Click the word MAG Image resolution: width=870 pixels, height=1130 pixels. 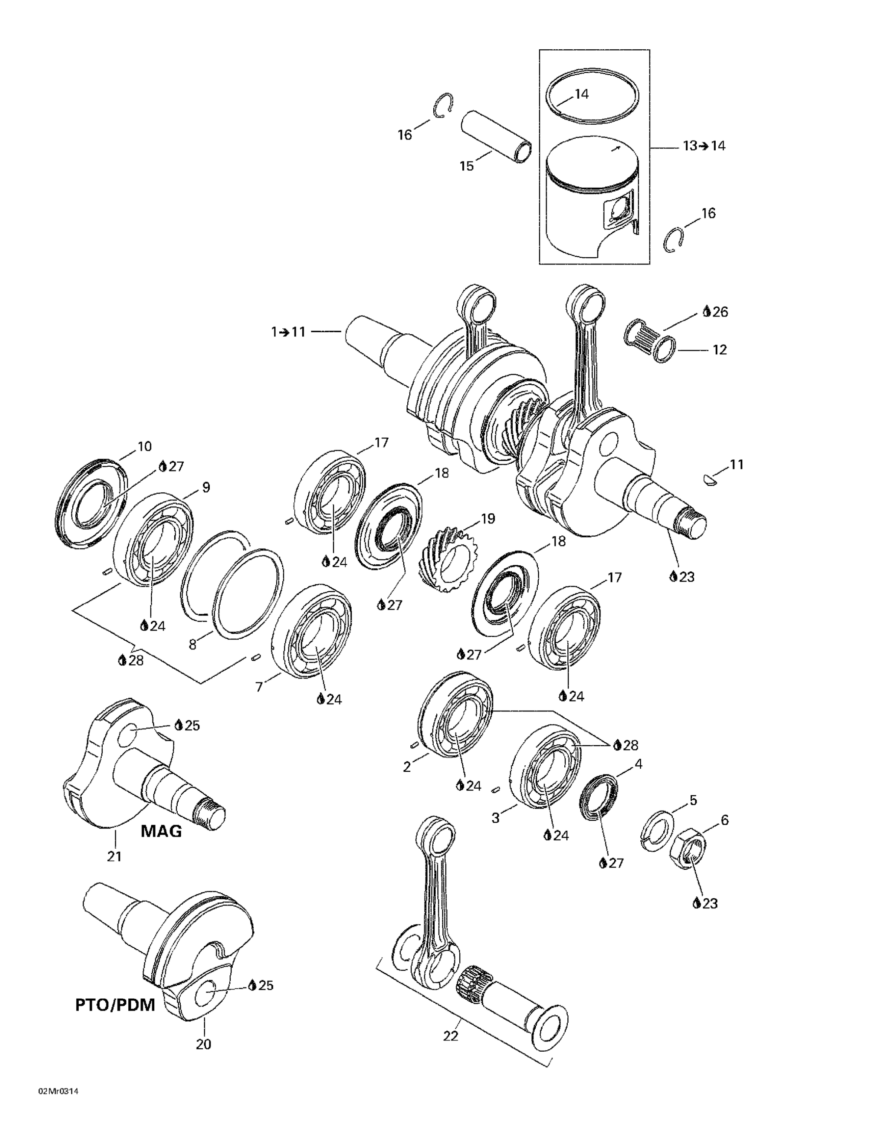click(x=162, y=831)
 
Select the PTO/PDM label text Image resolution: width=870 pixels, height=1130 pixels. click(x=115, y=1005)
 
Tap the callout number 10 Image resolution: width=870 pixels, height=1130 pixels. click(x=144, y=446)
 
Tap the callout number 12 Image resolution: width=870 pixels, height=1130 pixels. click(x=719, y=350)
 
